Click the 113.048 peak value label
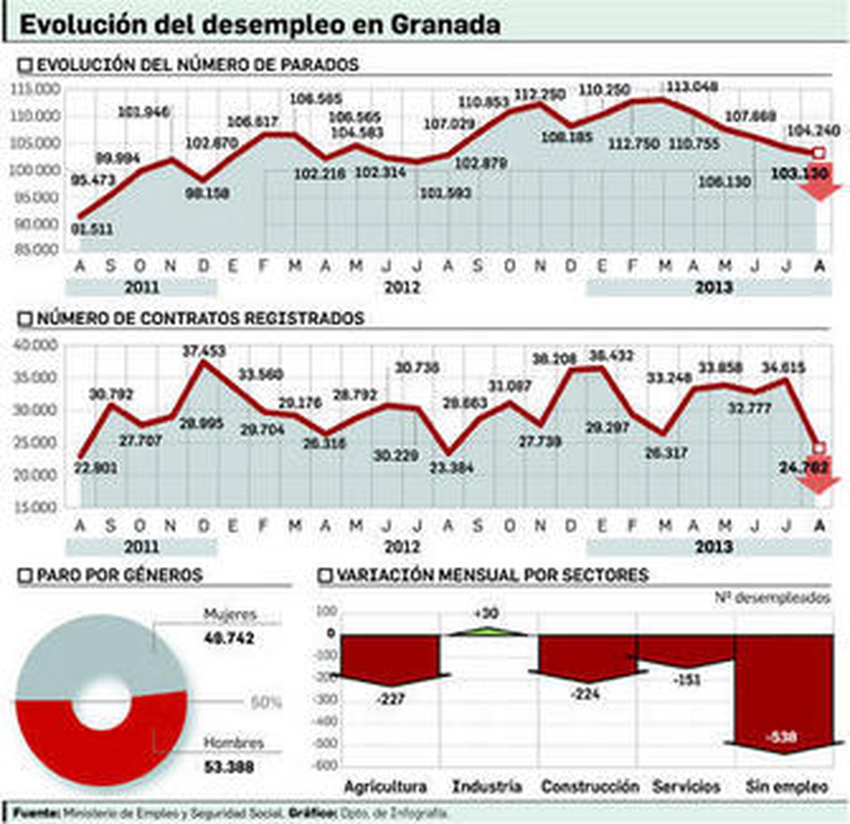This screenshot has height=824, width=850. point(692,87)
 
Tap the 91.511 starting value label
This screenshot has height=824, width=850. point(92,229)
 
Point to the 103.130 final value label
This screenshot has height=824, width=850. point(800,173)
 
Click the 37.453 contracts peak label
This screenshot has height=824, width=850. point(203,351)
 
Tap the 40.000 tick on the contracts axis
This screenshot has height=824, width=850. point(35,345)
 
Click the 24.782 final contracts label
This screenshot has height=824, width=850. point(803,468)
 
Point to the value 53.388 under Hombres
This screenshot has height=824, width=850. point(229,767)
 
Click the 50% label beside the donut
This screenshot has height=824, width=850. point(265,703)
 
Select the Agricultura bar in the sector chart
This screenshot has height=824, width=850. point(390,656)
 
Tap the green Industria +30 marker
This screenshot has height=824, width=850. point(488,631)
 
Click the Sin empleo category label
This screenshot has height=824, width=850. point(786,786)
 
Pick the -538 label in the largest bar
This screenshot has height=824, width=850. point(782,737)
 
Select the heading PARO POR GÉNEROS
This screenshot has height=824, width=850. point(120,575)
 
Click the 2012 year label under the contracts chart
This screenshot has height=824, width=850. point(402,546)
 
